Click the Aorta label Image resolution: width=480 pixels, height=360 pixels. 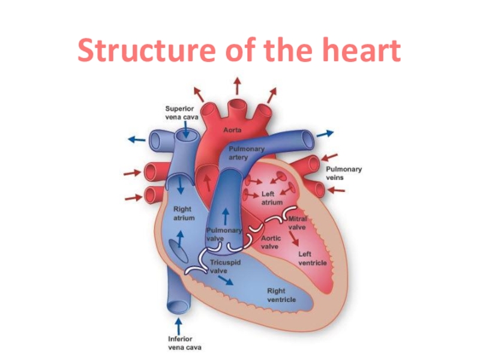[233, 130]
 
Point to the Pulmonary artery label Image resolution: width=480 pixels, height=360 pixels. [244, 152]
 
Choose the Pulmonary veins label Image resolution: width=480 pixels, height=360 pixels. [344, 173]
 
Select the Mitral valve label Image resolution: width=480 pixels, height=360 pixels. [298, 223]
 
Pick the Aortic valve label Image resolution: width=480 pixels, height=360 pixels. [271, 242]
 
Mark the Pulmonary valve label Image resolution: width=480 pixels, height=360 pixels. [223, 234]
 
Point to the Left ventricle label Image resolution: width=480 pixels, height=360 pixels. [313, 259]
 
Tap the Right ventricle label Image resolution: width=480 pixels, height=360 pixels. [281, 295]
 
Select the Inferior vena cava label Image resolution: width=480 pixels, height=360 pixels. [185, 343]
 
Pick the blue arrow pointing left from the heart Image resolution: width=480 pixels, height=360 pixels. [136, 139]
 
